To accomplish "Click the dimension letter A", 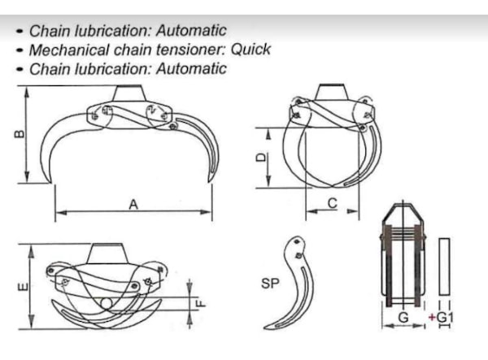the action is [x=133, y=205].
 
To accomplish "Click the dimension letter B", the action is [x=20, y=134].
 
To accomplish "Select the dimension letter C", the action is [x=333, y=203].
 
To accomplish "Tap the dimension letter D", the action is [x=261, y=158].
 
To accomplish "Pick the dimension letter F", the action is [x=201, y=303].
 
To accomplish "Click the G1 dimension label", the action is [x=445, y=318].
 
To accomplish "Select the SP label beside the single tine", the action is [x=270, y=284].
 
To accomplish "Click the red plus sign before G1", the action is [x=432, y=318].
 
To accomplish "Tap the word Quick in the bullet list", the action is [x=251, y=50].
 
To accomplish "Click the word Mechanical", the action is [x=69, y=50].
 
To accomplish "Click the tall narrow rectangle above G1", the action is [x=444, y=267].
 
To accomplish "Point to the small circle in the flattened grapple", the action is [x=107, y=303].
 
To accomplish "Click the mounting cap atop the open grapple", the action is [x=129, y=93].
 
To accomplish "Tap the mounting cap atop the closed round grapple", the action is [x=333, y=92].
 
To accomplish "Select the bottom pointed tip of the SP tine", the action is [x=264, y=327].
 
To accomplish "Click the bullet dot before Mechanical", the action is [x=20, y=50].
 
